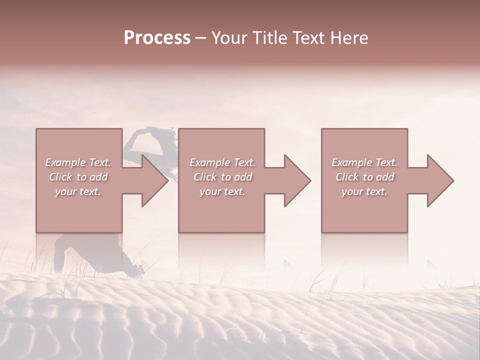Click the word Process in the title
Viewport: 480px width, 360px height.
157,38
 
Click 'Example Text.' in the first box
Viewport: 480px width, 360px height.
78,162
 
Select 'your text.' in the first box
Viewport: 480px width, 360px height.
78,191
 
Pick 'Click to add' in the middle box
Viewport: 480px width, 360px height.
222,177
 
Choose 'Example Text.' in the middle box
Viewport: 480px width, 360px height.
222,162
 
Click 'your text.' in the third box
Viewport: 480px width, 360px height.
364,191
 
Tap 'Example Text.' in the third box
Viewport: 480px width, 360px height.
364,162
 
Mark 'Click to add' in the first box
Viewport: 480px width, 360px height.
78,177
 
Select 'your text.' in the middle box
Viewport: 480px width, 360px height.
222,191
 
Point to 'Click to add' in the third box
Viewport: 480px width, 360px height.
364,177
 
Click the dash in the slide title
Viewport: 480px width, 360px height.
201,38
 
